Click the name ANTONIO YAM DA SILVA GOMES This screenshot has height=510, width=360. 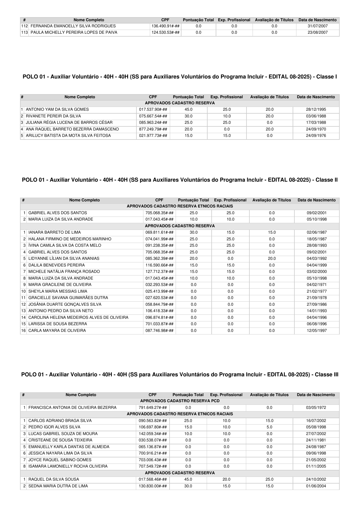[57, 110]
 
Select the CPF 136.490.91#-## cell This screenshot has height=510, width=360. [165, 26]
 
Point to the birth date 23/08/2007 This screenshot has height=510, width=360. [317, 33]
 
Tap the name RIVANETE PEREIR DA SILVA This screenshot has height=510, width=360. [53, 116]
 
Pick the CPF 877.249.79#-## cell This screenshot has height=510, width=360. [153, 129]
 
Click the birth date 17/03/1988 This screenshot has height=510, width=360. [316, 123]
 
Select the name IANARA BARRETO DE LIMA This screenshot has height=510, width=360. [55, 232]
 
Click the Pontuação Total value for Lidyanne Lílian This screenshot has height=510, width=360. [193, 259]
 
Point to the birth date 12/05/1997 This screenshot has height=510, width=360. [316, 331]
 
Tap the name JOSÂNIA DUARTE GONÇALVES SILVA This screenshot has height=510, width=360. [65, 305]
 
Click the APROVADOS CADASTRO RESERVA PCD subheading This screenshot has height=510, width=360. [180, 401]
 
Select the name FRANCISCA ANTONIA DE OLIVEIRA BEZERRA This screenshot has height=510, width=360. [72, 408]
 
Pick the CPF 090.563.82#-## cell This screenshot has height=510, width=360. [153, 421]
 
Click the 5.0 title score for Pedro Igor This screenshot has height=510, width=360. [269, 427]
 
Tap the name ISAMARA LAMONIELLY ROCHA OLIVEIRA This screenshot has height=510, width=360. [68, 466]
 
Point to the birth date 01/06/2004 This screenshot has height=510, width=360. [316, 486]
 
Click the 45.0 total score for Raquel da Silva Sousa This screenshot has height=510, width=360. [188, 479]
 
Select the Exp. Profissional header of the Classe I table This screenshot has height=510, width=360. [226, 97]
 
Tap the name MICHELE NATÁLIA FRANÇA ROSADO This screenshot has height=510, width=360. [64, 272]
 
